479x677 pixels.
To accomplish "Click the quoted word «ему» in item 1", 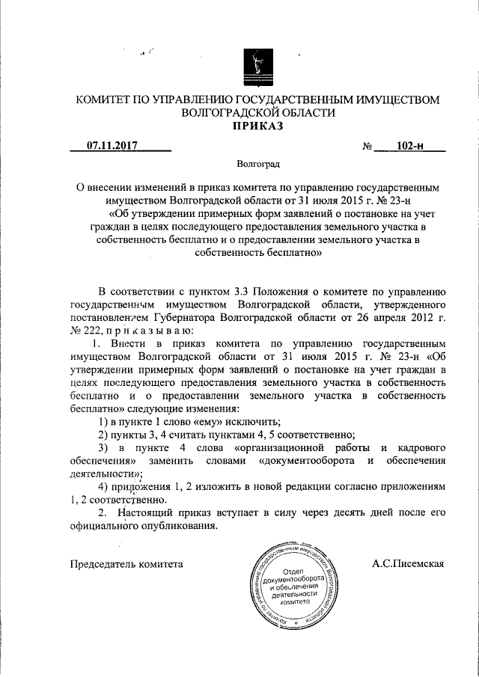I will pyautogui.click(x=196, y=422).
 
